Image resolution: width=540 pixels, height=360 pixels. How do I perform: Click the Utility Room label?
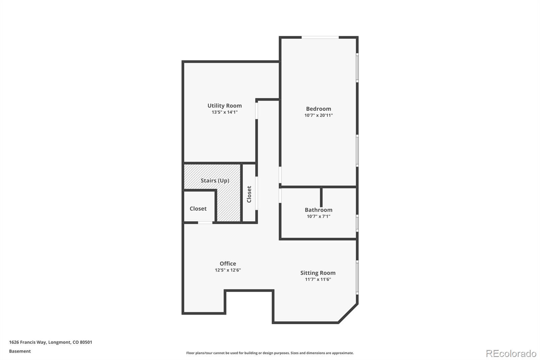coord(224,106)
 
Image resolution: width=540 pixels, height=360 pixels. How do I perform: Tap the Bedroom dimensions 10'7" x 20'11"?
coord(319,115)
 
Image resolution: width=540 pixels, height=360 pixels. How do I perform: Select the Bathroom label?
coord(319,210)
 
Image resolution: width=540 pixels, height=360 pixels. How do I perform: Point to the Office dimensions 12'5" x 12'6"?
coord(228,270)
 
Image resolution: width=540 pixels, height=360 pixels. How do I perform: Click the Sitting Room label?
coord(318,273)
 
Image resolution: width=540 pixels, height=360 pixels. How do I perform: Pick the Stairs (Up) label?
coord(215,180)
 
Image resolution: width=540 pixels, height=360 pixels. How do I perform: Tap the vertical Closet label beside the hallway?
coord(249,194)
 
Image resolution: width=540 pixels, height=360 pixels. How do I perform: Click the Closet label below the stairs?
coord(198,209)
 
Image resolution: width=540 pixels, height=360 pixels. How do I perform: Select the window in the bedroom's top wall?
coord(320,37)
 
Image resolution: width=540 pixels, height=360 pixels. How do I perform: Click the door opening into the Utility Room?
coord(256,111)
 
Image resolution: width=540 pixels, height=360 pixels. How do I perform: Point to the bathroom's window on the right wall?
coord(357,223)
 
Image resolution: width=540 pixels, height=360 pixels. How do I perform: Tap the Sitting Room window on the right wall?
coord(357,277)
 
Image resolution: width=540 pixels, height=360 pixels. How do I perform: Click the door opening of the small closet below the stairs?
coord(205,223)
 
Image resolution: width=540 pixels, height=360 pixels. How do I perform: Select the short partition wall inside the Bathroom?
coord(321,197)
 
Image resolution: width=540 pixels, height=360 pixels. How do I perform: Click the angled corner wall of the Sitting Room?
coord(348,313)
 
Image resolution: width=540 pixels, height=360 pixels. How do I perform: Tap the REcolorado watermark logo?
coord(511,354)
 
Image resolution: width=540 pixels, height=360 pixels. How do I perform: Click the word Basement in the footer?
coord(20,351)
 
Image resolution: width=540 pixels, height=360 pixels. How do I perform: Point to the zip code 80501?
coord(86,342)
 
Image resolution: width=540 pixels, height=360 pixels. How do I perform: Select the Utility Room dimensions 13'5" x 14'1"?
coord(225,112)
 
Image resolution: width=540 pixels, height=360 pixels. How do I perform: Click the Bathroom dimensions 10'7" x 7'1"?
coord(319,216)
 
